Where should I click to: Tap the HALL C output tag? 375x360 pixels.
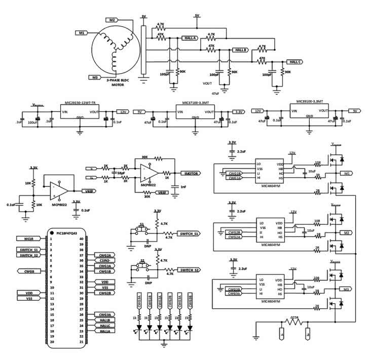click(294, 61)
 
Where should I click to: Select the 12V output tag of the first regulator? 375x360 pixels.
click(122, 111)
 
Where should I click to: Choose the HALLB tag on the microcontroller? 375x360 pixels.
click(105, 319)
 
